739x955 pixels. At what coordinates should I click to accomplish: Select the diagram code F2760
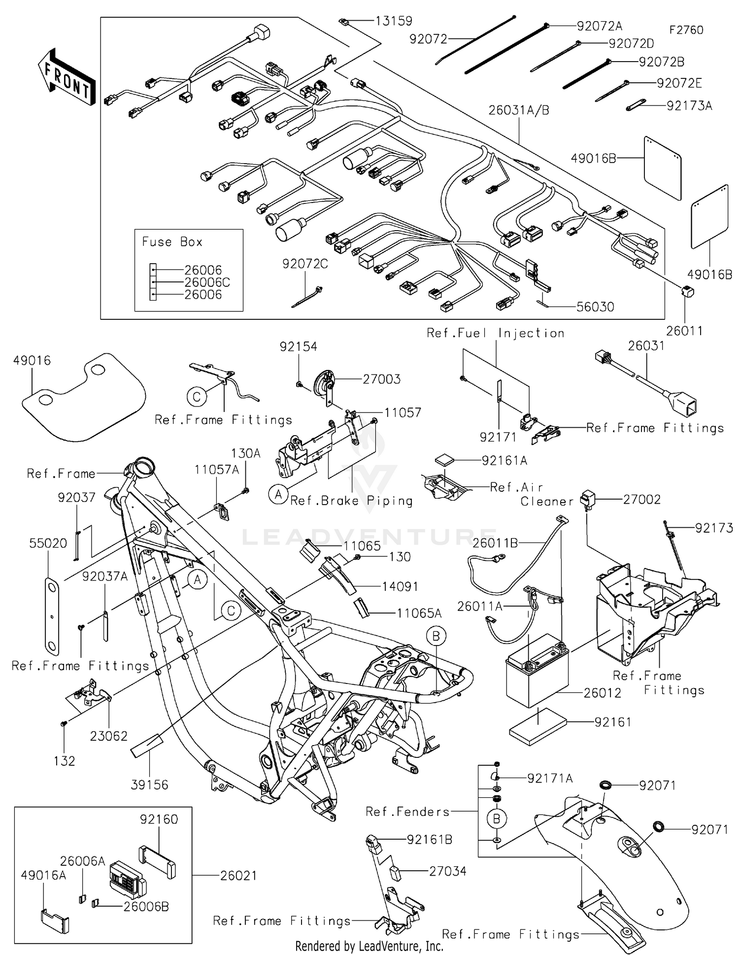pos(686,30)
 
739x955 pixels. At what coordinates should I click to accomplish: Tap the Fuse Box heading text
pos(172,241)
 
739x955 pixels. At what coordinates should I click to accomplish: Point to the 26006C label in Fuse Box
pos(207,282)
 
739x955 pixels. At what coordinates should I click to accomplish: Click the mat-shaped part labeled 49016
pos(84,397)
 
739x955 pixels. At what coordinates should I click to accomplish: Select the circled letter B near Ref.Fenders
pos(496,819)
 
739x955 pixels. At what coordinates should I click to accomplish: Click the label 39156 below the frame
pos(149,784)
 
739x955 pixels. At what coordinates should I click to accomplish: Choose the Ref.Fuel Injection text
pos(495,333)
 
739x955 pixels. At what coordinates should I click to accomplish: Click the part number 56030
pos(595,307)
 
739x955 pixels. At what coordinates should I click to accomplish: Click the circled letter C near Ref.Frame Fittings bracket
pos(197,397)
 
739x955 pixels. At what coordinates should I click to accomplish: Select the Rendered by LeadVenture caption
pos(369,946)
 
